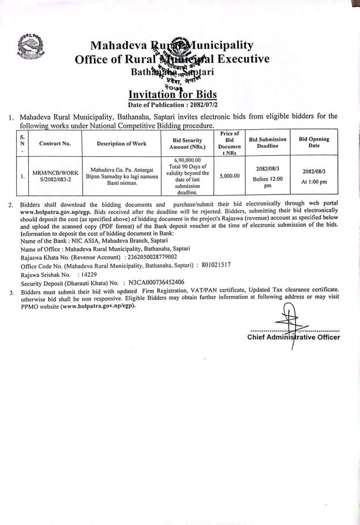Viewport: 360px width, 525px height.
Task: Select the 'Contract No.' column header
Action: pos(55,143)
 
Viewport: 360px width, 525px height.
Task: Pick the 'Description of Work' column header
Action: pos(121,143)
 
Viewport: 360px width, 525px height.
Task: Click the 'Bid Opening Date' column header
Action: pos(314,142)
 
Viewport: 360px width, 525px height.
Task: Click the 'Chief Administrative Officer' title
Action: pos(294,337)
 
